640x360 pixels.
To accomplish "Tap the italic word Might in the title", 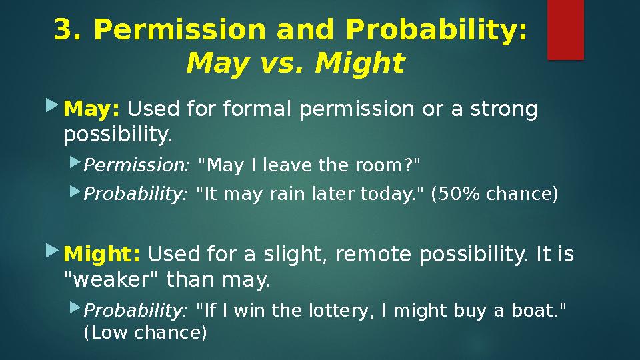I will (x=360, y=64).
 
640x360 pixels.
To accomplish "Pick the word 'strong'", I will (x=503, y=108).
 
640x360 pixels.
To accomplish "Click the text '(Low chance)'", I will (x=145, y=332).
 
